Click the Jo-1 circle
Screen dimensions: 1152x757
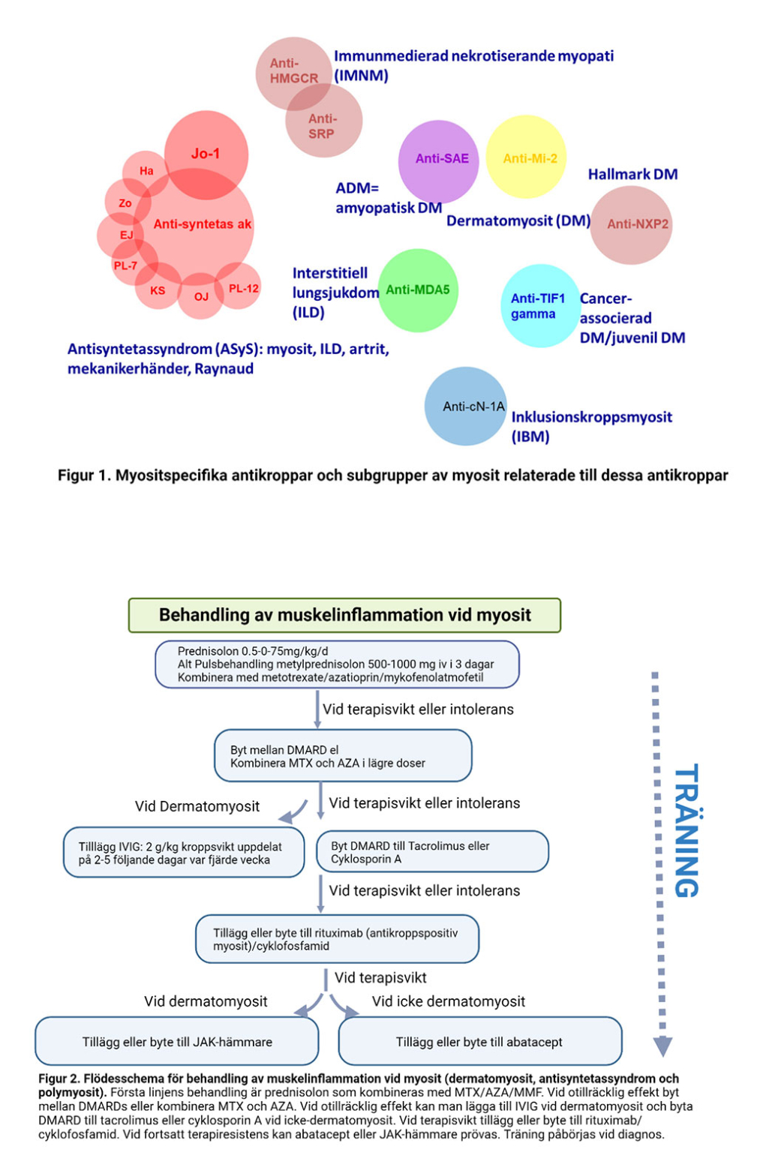[x=206, y=153]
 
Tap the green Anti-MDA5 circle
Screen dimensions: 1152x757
[x=418, y=290]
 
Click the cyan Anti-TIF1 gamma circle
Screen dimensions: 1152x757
[x=539, y=306]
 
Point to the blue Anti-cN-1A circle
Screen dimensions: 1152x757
[x=466, y=406]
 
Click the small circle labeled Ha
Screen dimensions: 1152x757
[x=146, y=171]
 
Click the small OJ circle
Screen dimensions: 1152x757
[x=201, y=296]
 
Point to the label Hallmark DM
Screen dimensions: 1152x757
[x=632, y=174]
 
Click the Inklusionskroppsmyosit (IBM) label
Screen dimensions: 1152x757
[x=591, y=426]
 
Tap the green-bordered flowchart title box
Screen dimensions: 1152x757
[x=344, y=615]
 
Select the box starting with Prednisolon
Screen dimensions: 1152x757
[x=337, y=664]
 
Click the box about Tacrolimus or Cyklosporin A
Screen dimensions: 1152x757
[x=433, y=852]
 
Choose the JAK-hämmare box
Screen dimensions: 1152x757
[x=177, y=1042]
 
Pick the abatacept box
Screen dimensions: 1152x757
[x=479, y=1042]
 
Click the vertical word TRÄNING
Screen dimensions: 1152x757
[x=686, y=830]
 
